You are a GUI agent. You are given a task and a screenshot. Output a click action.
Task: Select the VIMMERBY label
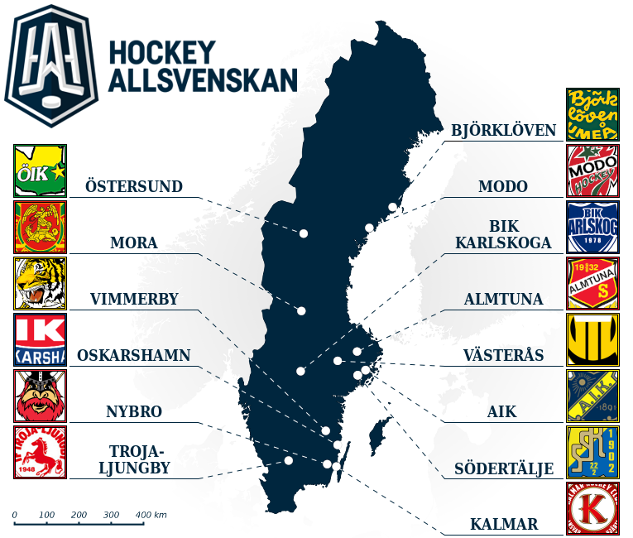[x=134, y=299]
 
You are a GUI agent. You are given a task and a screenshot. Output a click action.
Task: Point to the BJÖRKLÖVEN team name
[x=502, y=131]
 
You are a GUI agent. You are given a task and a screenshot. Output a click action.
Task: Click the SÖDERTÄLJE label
[x=504, y=469]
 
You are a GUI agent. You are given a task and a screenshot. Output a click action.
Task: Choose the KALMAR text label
[x=504, y=524]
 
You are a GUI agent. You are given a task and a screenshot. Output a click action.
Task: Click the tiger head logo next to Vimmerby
[x=41, y=284]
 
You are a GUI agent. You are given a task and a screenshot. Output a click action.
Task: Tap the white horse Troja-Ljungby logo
[x=41, y=453]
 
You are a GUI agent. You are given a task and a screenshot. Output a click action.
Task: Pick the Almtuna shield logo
[x=592, y=283]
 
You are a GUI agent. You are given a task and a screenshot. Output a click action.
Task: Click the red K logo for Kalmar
[x=592, y=508]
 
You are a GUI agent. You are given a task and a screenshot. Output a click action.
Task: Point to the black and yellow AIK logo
[x=592, y=396]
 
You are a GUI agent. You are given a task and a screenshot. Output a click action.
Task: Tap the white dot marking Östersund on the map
[x=304, y=233]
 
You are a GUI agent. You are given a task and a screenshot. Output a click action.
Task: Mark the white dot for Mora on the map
[x=302, y=310]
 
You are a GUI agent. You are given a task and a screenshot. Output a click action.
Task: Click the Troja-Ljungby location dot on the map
[x=288, y=460]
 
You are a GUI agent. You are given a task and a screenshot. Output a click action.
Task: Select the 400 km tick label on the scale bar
[x=151, y=515]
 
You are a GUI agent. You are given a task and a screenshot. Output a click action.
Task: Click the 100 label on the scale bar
[x=46, y=515]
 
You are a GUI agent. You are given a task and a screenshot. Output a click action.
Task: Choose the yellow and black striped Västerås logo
[x=592, y=339]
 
